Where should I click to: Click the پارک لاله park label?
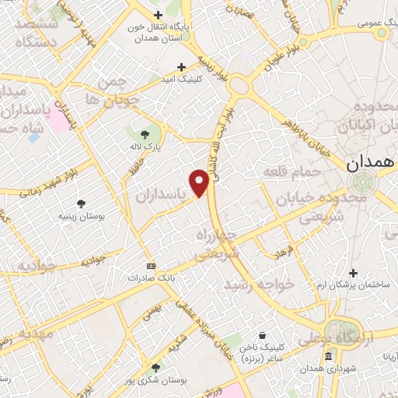click(x=145, y=146)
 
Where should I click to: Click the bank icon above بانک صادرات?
click(x=150, y=266)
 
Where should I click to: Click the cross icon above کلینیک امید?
click(x=182, y=68)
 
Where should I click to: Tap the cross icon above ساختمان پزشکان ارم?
click(x=354, y=273)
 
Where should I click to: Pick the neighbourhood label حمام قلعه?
click(x=288, y=170)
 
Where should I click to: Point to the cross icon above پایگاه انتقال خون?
click(x=158, y=16)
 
